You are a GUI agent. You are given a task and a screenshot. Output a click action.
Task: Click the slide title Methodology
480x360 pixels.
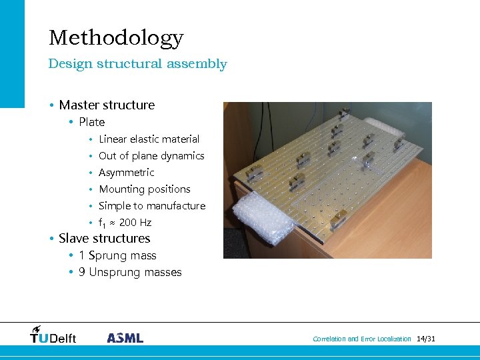(x=116, y=38)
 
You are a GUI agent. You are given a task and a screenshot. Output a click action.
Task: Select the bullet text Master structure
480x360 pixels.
(x=107, y=105)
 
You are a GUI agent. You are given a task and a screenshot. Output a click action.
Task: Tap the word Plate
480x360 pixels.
(x=92, y=122)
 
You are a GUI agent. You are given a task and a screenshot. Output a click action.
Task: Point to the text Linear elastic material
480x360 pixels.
(x=149, y=139)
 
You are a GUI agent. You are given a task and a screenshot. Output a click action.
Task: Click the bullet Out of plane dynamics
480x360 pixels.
(x=151, y=156)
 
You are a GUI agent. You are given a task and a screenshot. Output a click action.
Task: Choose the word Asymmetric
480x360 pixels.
(x=126, y=173)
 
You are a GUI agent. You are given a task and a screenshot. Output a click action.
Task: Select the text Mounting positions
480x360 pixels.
(x=145, y=189)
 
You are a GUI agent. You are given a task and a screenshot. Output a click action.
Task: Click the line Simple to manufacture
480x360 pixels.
(x=152, y=206)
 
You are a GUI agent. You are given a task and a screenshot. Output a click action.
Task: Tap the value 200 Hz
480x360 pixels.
(x=135, y=223)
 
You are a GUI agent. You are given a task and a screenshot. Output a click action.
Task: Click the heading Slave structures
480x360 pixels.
(x=105, y=239)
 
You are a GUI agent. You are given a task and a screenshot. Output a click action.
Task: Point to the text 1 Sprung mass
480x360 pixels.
(x=117, y=255)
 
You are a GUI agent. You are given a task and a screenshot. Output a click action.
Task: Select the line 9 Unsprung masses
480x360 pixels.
(x=130, y=272)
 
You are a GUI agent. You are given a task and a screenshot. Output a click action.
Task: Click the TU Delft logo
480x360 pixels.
(x=53, y=335)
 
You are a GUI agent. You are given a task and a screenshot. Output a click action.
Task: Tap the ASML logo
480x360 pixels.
(x=125, y=338)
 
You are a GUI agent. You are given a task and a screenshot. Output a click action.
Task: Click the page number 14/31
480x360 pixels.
(x=425, y=339)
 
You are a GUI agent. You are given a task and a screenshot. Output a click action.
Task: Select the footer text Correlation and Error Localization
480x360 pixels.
(x=362, y=339)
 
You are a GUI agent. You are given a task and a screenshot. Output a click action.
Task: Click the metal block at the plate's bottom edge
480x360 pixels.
(x=338, y=217)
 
